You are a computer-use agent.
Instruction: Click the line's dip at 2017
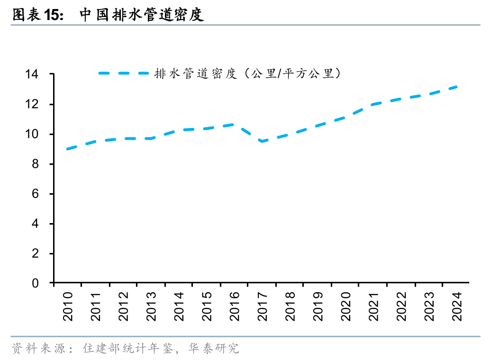pos(262,141)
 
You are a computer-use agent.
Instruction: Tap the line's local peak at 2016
pos(234,124)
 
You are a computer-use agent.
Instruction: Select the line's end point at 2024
pos(456,87)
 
